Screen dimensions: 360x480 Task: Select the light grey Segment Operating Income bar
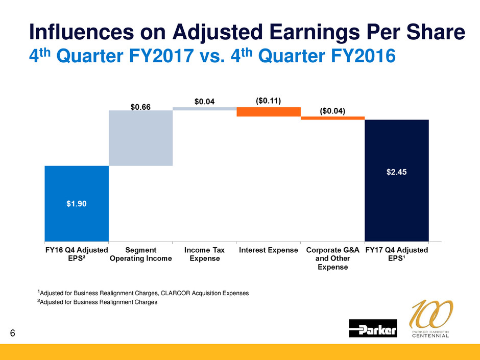tap(141, 138)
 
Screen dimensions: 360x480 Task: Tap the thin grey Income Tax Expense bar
tap(205, 108)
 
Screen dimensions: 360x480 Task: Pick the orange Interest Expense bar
tap(269, 112)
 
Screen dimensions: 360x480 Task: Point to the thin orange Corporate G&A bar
tap(332, 118)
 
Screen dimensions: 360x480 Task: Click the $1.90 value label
tap(77, 203)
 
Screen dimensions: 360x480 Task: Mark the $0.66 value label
tap(141, 107)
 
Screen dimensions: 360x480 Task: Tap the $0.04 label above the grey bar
tap(205, 102)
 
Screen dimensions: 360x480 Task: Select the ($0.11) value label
tap(269, 100)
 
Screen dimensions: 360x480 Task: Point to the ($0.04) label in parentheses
tap(332, 110)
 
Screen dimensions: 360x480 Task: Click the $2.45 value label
tap(396, 172)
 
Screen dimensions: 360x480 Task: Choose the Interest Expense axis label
tap(269, 250)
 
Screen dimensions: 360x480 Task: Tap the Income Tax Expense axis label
tap(205, 254)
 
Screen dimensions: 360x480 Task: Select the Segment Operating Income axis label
tap(141, 254)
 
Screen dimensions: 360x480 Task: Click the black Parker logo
tap(373, 328)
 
